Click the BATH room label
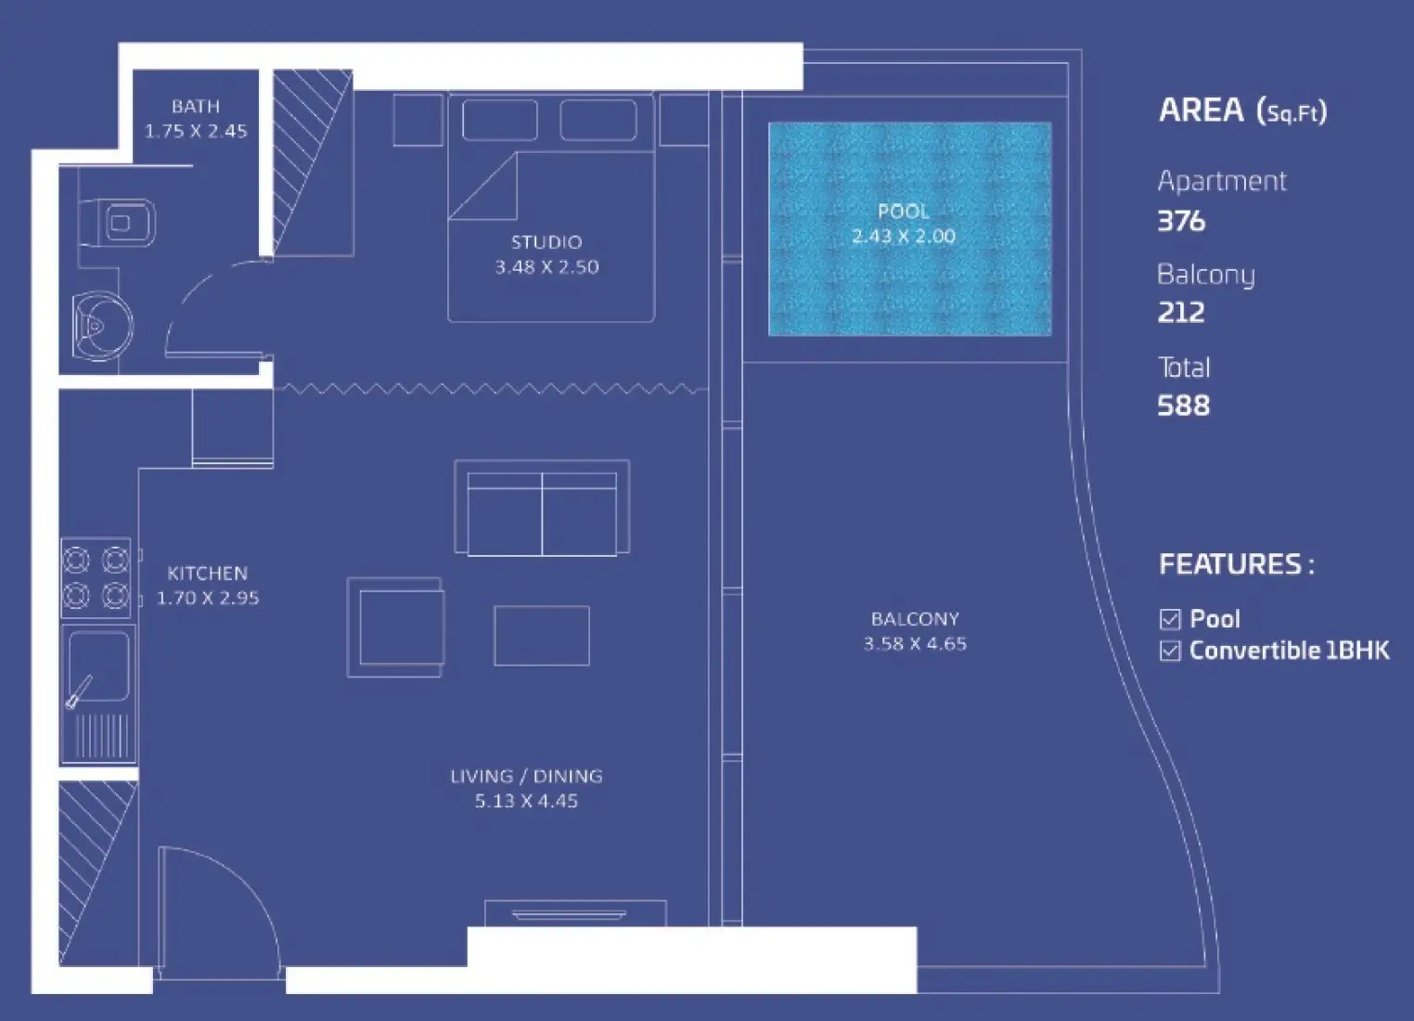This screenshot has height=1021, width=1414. (x=196, y=107)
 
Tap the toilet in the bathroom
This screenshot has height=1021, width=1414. (x=119, y=223)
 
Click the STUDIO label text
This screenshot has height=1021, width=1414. (x=546, y=242)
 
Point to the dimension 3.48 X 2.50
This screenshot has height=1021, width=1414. (x=546, y=267)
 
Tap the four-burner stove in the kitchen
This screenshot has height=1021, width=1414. (x=96, y=577)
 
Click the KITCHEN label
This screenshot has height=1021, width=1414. (x=207, y=574)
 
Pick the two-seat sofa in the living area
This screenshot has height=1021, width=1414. (x=542, y=509)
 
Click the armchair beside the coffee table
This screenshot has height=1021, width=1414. (x=396, y=627)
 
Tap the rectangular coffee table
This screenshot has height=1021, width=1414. (x=542, y=636)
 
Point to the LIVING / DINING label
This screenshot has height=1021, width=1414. (x=526, y=776)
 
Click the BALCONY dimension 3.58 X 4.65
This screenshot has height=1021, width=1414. (x=915, y=644)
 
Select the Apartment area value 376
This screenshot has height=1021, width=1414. (x=1181, y=221)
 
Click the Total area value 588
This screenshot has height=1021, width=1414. (x=1183, y=406)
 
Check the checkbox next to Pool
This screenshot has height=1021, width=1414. (x=1170, y=619)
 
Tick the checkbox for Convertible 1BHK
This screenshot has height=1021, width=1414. (x=1170, y=651)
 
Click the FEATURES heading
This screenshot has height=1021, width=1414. (x=1236, y=564)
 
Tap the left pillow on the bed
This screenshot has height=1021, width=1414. (x=499, y=121)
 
